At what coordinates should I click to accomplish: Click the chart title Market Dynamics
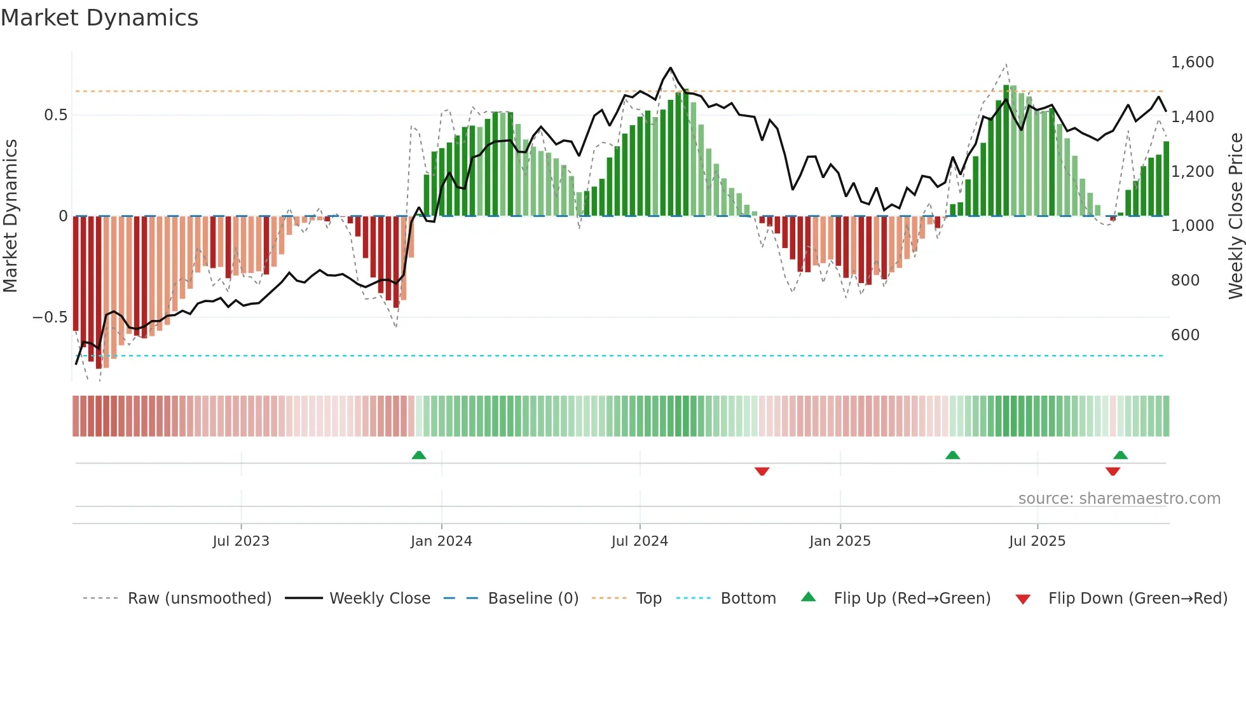click(100, 18)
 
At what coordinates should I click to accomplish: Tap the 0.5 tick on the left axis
click(55, 115)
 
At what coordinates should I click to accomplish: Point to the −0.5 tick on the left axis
click(50, 317)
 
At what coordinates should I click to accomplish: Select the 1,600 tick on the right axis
click(1192, 62)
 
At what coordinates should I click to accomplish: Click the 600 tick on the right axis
click(1185, 335)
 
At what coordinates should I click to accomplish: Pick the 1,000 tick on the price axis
click(1192, 226)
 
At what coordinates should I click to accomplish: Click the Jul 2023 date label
click(241, 541)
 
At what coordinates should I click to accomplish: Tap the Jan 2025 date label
click(840, 541)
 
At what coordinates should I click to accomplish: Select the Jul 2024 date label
click(640, 541)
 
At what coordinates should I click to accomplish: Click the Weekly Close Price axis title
click(1235, 216)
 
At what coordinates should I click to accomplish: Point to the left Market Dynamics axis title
click(10, 216)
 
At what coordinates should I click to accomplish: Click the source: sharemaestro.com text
click(1119, 499)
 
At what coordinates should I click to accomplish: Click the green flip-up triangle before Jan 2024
click(418, 455)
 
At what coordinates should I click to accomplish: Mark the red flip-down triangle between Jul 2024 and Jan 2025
click(762, 471)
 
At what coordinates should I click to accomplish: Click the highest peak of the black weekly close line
click(670, 68)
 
